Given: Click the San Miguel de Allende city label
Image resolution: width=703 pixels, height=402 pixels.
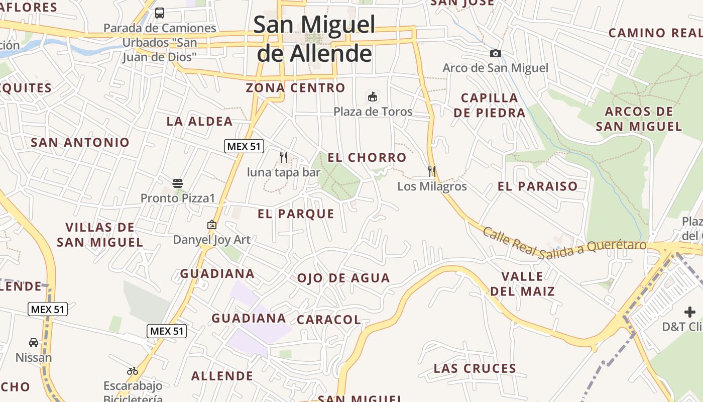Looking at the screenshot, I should (314, 39).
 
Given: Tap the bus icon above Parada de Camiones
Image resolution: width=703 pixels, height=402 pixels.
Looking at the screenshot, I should (160, 13).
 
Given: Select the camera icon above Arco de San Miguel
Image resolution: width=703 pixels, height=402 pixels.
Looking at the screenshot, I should (496, 54).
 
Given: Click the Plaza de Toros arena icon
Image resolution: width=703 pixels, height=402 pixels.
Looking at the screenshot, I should (373, 97).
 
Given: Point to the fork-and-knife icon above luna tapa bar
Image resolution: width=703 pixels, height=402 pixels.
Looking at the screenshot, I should (284, 157).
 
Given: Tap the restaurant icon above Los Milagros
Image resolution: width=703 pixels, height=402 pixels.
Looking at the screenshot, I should (432, 171).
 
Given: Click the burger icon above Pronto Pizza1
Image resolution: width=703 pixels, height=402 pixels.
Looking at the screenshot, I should (178, 183).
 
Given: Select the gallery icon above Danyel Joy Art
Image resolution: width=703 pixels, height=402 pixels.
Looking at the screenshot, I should (212, 225).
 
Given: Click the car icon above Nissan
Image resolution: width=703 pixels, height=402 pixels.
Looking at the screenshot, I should (34, 343).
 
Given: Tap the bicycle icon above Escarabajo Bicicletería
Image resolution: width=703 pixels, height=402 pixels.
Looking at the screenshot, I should (133, 371).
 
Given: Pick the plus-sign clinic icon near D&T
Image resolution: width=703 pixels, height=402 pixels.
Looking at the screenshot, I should (690, 312).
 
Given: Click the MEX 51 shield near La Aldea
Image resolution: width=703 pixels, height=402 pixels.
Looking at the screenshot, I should (244, 146).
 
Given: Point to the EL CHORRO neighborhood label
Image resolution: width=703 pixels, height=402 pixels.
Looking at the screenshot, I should (367, 158).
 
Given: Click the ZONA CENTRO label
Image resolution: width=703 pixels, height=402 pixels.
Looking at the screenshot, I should (295, 88).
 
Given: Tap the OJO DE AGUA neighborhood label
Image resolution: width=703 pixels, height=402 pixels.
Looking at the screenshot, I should (343, 278).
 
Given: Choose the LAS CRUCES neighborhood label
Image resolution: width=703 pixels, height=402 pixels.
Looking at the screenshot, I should (475, 369).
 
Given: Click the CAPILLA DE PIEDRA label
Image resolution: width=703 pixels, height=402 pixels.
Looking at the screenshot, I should (489, 105).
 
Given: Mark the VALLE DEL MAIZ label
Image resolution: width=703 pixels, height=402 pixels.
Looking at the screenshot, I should (522, 284).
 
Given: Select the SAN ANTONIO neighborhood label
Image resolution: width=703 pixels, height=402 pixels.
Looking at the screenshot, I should (80, 142).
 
